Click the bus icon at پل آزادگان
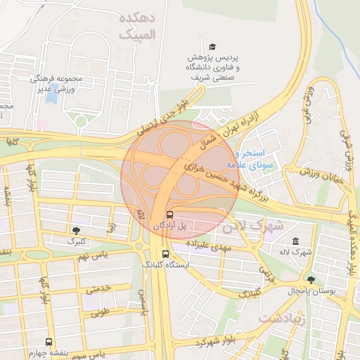(169, 214)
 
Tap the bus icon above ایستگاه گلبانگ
(165, 255)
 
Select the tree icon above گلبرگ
(75, 230)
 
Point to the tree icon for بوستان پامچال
(311, 280)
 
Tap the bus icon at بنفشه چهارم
(49, 340)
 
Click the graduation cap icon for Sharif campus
(212, 45)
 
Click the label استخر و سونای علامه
(258, 158)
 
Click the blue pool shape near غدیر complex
(51, 94)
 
